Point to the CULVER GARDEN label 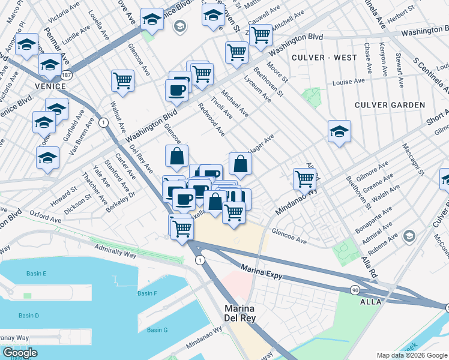click(x=390, y=105)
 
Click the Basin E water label click(x=36, y=274)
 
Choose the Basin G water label click(x=157, y=330)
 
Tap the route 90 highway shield click(x=355, y=290)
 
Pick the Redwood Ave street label click(x=211, y=119)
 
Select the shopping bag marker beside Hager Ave click(x=240, y=164)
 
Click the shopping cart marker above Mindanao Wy click(x=305, y=178)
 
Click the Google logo click(x=19, y=353)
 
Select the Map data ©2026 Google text click(x=411, y=355)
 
